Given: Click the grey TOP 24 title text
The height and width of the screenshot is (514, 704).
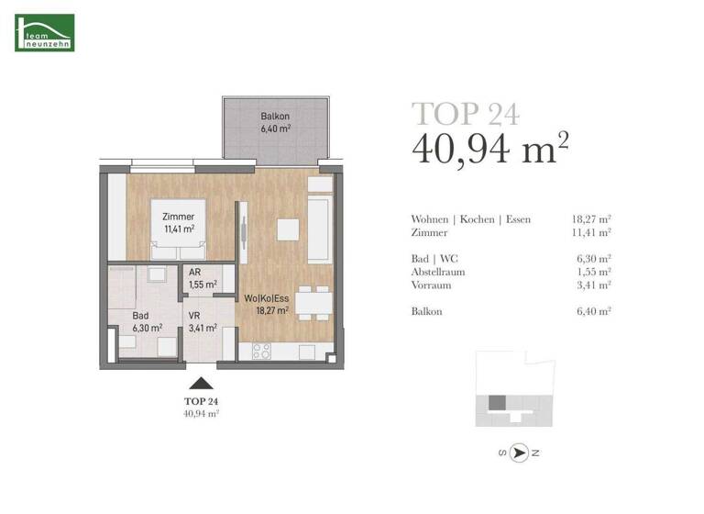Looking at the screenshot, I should point(466,113).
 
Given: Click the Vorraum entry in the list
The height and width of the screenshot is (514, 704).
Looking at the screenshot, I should point(432,285).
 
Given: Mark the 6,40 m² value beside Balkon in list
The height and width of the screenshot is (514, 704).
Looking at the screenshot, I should point(593,311).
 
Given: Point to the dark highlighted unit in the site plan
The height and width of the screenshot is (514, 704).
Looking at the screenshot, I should point(496,402).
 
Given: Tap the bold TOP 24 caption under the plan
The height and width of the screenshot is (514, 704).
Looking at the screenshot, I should point(200,401).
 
